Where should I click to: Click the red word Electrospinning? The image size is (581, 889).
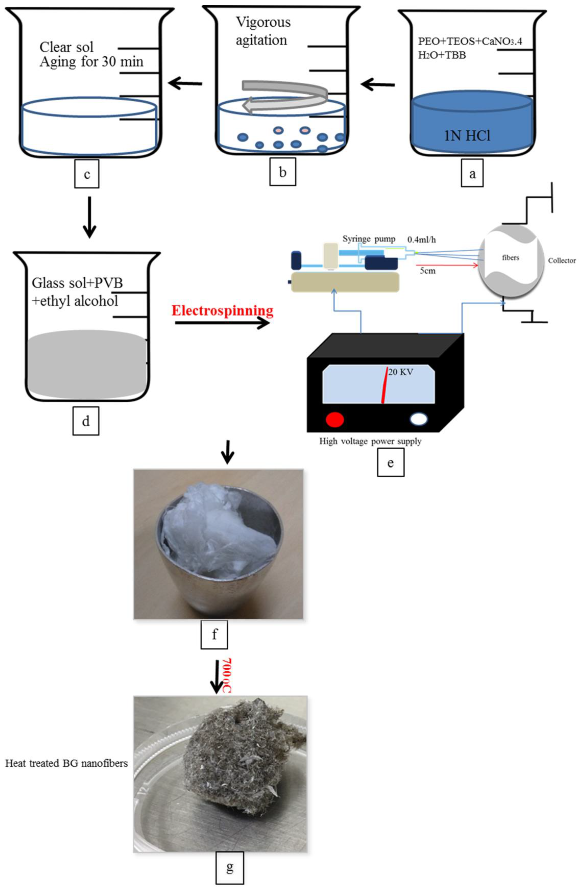(223, 310)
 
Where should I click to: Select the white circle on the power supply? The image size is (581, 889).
(419, 419)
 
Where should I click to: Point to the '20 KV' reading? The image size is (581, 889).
(401, 372)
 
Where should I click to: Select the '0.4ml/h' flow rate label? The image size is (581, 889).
(421, 240)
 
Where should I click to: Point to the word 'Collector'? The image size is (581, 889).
(562, 260)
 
